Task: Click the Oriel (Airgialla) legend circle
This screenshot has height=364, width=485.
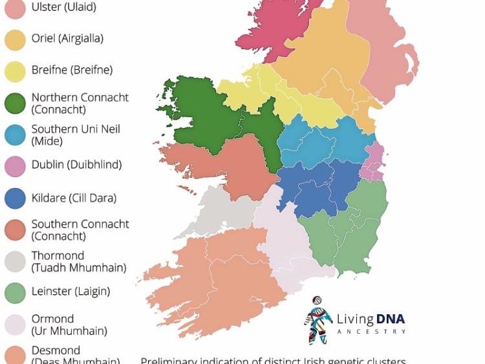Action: (x=16, y=39)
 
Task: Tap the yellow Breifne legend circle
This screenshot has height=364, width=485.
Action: (x=16, y=71)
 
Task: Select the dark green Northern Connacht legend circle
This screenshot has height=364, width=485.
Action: (x=16, y=103)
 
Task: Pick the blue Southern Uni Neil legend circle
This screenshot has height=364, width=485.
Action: (x=16, y=134)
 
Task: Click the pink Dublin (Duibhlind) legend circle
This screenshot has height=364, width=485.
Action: (x=16, y=166)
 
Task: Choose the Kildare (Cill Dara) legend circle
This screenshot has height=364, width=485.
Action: (x=16, y=198)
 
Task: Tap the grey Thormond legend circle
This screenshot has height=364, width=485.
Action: (x=16, y=261)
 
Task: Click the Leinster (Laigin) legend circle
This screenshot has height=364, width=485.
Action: (x=16, y=293)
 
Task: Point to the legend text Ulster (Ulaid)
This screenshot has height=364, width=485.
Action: (x=63, y=7)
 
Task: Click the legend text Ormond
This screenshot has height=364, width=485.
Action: (x=52, y=319)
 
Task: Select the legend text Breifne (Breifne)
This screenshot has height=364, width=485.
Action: (x=72, y=70)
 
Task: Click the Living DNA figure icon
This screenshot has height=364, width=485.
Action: (x=318, y=320)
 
